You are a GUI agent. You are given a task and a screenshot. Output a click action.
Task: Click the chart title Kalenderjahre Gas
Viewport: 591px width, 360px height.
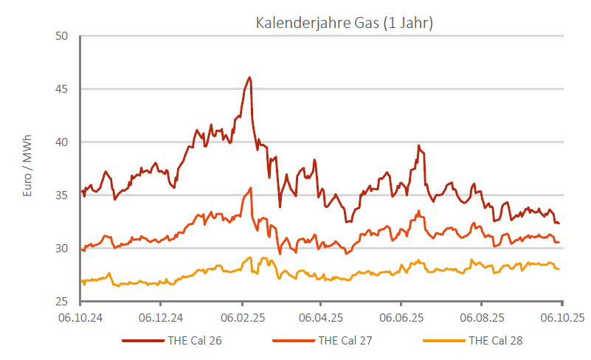click(344, 23)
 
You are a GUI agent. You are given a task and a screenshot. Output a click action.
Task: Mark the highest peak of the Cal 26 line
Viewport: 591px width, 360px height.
click(250, 77)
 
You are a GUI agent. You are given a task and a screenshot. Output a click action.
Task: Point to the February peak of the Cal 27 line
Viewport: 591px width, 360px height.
click(251, 188)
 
